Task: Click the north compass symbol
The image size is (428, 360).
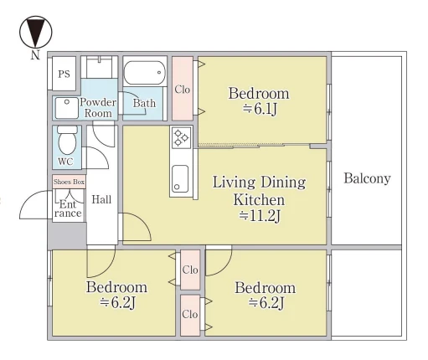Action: tap(35, 32)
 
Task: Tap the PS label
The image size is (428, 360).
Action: tap(64, 74)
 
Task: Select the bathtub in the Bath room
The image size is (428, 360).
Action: tap(144, 73)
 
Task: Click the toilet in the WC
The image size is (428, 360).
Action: tap(67, 140)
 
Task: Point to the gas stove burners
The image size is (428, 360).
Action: tap(181, 137)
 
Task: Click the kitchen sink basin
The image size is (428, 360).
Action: tap(180, 179)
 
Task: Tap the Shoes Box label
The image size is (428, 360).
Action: tap(69, 182)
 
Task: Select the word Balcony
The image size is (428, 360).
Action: tap(367, 178)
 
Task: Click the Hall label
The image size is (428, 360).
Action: tap(101, 199)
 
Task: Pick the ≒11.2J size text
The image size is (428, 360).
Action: tap(260, 216)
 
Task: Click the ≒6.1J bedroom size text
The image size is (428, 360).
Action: tap(260, 109)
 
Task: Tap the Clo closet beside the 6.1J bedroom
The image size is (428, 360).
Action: tap(183, 90)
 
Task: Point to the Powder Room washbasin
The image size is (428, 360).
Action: tap(66, 108)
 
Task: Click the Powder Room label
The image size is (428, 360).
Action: tap(98, 108)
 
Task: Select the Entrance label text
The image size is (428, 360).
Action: tap(68, 208)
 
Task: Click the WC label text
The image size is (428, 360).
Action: tap(65, 162)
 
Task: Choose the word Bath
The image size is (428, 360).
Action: tap(144, 103)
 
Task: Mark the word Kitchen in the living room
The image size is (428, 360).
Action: tap(259, 200)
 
